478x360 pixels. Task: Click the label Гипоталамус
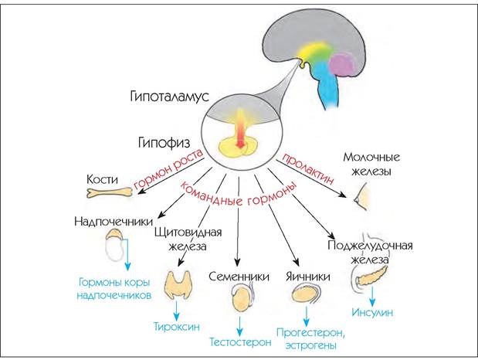pos(169,97)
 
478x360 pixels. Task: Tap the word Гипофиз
pos(164,142)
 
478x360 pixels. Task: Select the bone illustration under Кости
pos(110,192)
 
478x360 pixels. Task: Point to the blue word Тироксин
pos(177,327)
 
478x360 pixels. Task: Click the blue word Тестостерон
pos(240,342)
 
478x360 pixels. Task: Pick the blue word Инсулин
pos(372,312)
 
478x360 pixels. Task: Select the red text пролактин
pos(307,168)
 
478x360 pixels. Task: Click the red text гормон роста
pos(168,170)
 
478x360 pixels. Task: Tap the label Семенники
pos(239,277)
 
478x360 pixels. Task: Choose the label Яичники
pos(308,277)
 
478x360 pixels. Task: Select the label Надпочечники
pos(114,222)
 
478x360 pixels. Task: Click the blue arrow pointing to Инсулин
pos(372,296)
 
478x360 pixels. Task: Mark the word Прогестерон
pos(310,332)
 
